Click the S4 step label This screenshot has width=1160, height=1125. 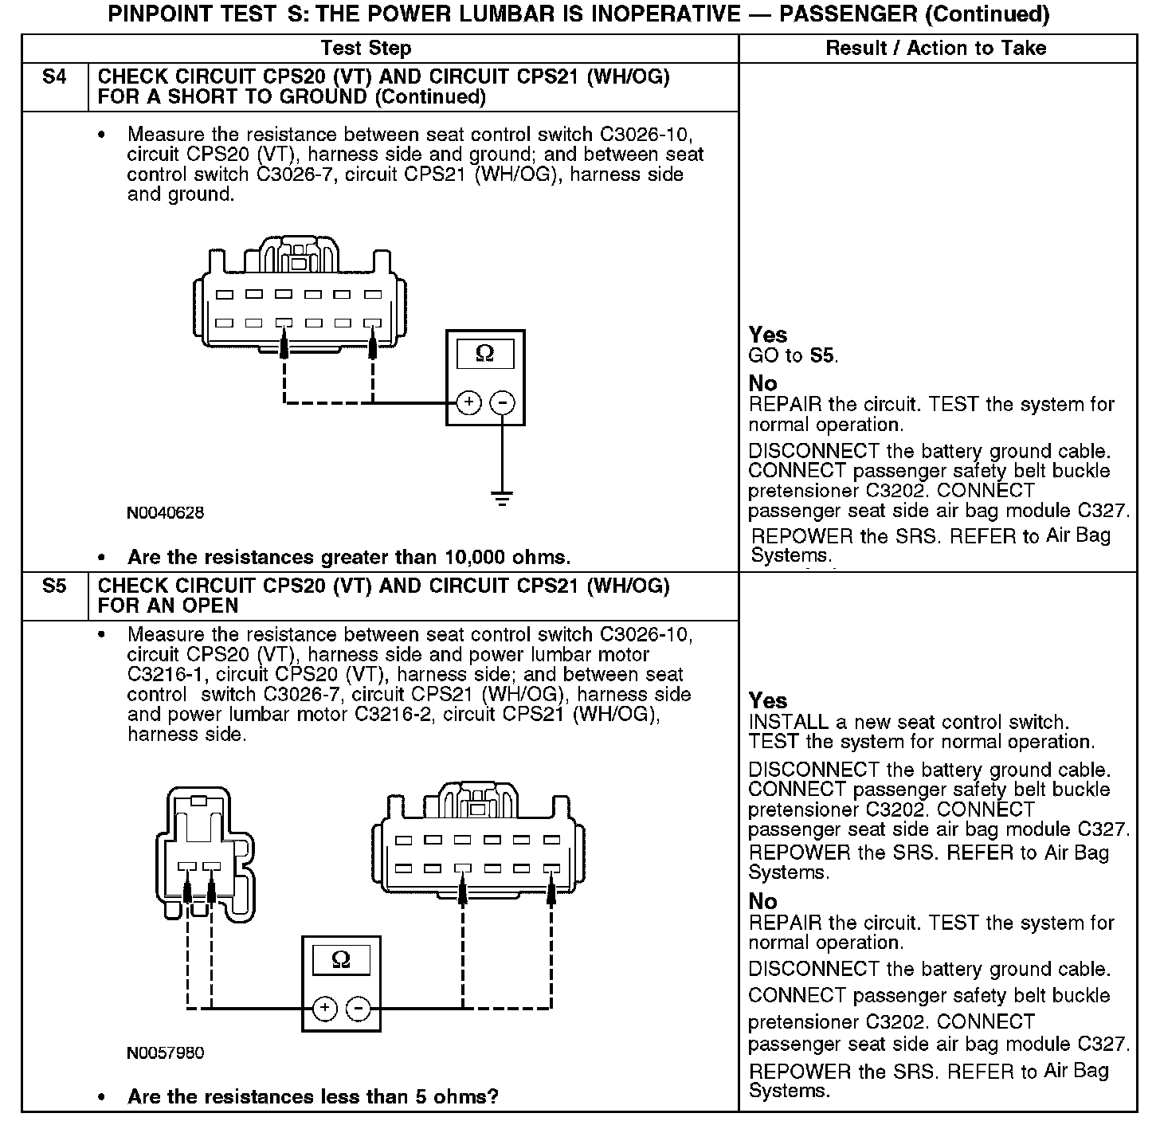[x=54, y=77]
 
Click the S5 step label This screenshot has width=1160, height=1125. [x=54, y=586]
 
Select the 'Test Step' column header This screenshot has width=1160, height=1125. [x=366, y=49]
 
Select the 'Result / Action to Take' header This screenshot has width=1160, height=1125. [x=936, y=49]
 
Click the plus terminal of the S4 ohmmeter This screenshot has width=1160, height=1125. [x=469, y=402]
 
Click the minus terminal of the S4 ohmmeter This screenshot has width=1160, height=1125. [x=502, y=402]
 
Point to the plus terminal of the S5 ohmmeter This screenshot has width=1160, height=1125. [x=324, y=1009]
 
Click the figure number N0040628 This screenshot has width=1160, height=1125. [x=166, y=513]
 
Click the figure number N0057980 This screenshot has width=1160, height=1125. [x=166, y=1053]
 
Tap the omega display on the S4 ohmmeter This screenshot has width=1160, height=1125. [x=484, y=355]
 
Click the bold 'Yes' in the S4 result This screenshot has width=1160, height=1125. [x=768, y=335]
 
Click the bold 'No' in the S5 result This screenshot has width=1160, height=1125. [x=762, y=901]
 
